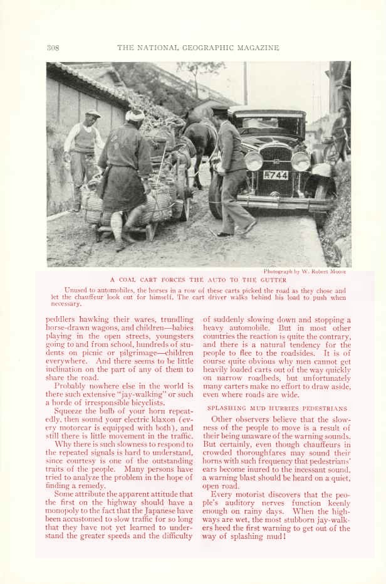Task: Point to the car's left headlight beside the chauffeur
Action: pyautogui.click(x=253, y=161)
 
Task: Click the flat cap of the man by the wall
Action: pyautogui.click(x=93, y=114)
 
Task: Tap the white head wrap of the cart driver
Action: pyautogui.click(x=134, y=115)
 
